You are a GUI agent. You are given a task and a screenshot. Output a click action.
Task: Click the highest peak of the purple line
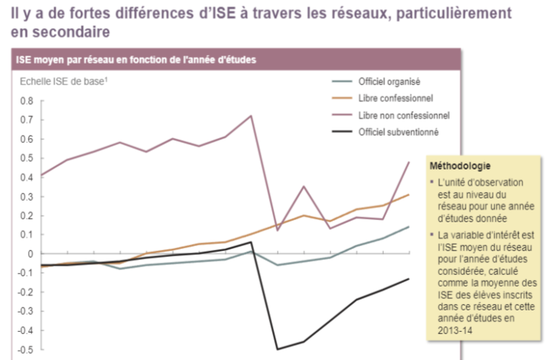click(x=252, y=116)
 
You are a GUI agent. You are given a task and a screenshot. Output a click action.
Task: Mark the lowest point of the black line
click(x=279, y=349)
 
